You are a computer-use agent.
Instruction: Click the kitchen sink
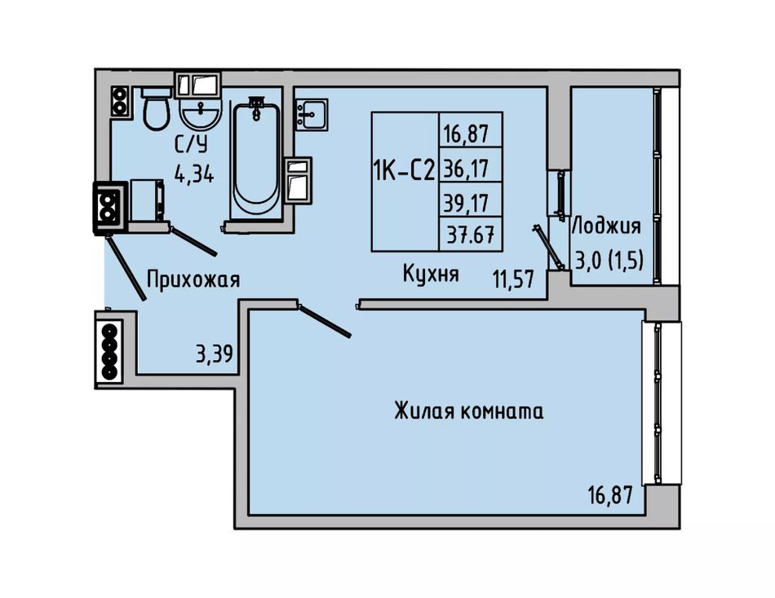(312, 114)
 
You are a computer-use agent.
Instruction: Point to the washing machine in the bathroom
(147, 200)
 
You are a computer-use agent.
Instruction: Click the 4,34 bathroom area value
(194, 174)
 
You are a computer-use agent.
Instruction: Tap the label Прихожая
(193, 279)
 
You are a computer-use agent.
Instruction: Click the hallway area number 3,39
(214, 354)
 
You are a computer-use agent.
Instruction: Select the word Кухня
(431, 273)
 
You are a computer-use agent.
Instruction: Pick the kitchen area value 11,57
(513, 279)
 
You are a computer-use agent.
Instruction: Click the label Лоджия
(606, 226)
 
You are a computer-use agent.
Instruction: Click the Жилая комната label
(469, 411)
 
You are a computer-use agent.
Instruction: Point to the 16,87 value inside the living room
(610, 495)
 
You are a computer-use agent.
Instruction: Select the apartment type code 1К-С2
(404, 171)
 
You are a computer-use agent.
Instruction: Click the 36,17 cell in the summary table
(466, 169)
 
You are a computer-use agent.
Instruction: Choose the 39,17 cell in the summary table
(466, 203)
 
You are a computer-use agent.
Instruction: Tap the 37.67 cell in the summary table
(471, 235)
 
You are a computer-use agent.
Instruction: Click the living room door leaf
(324, 321)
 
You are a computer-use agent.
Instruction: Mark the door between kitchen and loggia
(549, 248)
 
